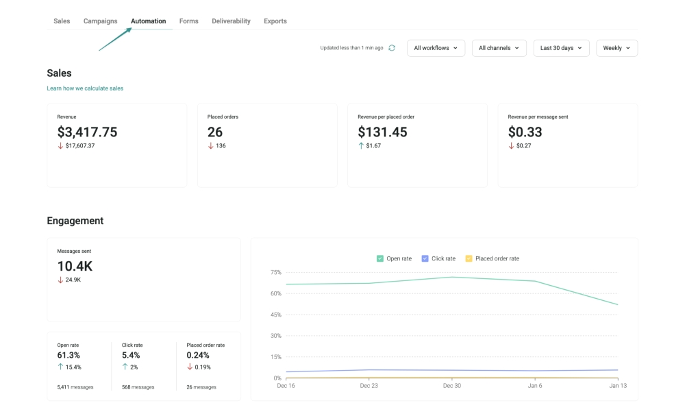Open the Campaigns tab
click(x=100, y=21)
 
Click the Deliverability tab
click(x=231, y=21)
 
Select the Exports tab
click(x=275, y=21)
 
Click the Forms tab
click(x=188, y=21)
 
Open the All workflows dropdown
click(x=436, y=48)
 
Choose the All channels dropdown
click(x=499, y=48)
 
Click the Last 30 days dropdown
click(x=561, y=48)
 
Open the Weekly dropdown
click(x=616, y=48)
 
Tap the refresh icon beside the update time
click(x=392, y=48)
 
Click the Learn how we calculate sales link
click(x=85, y=88)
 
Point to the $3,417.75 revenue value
click(x=87, y=132)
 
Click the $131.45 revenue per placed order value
click(x=382, y=132)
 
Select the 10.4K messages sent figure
click(x=75, y=267)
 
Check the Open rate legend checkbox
click(x=380, y=258)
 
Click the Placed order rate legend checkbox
click(x=469, y=258)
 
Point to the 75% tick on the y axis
click(x=275, y=272)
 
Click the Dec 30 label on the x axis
click(x=452, y=386)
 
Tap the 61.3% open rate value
click(x=68, y=355)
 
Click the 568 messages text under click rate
click(x=138, y=387)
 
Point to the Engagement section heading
click(x=75, y=221)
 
